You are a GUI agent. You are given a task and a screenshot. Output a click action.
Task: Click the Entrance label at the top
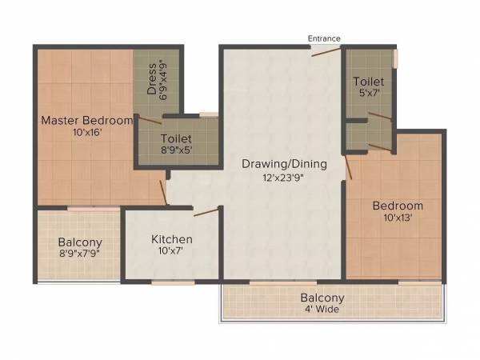pyautogui.click(x=325, y=38)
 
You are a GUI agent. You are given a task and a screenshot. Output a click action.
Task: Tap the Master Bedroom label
pyautogui.click(x=87, y=120)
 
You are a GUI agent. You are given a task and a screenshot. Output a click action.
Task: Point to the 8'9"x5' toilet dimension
pyautogui.click(x=178, y=149)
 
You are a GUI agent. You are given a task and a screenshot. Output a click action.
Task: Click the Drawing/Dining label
pyautogui.click(x=286, y=164)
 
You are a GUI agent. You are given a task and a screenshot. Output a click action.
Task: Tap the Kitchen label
pyautogui.click(x=172, y=239)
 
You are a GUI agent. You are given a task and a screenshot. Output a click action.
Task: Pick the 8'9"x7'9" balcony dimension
pyautogui.click(x=78, y=254)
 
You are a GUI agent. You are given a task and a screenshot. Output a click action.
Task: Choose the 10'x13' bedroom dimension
pyautogui.click(x=398, y=218)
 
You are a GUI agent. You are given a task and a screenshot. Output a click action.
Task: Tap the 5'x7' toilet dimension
pyautogui.click(x=369, y=94)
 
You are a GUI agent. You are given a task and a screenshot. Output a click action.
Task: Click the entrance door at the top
pyautogui.click(x=326, y=52)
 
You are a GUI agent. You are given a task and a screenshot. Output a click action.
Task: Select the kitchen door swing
pyautogui.click(x=206, y=212)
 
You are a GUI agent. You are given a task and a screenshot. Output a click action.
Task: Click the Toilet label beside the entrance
pyautogui.click(x=369, y=82)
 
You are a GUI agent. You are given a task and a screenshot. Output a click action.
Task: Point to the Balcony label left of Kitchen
pyautogui.click(x=78, y=242)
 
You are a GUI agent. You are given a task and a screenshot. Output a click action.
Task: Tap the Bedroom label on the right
pyautogui.click(x=398, y=206)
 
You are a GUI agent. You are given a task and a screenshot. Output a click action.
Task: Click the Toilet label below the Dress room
pyautogui.click(x=178, y=137)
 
